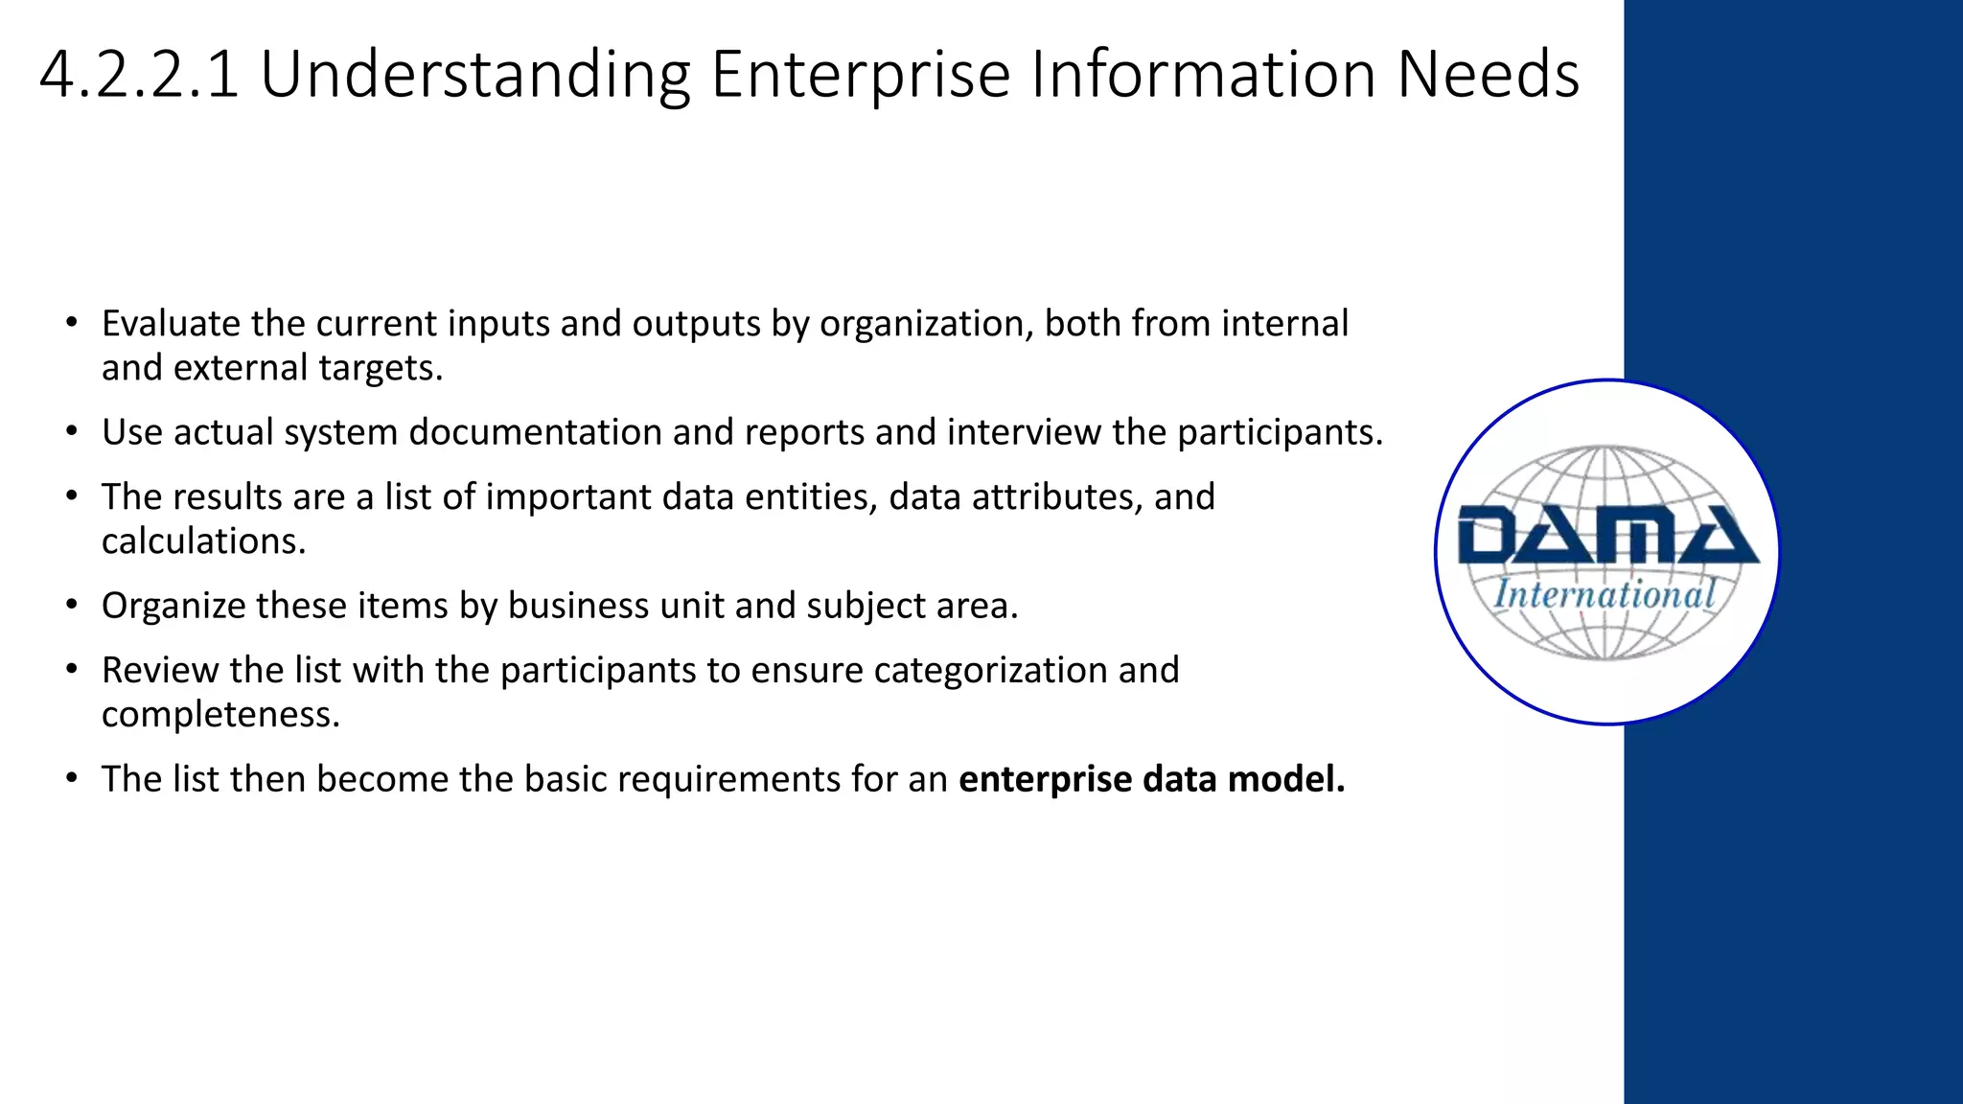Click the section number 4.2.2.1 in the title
[139, 75]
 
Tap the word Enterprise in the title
[860, 75]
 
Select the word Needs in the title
[1488, 75]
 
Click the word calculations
[203, 541]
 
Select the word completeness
[220, 715]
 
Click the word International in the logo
[1605, 595]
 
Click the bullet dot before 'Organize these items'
[72, 606]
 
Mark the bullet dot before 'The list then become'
[72, 779]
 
